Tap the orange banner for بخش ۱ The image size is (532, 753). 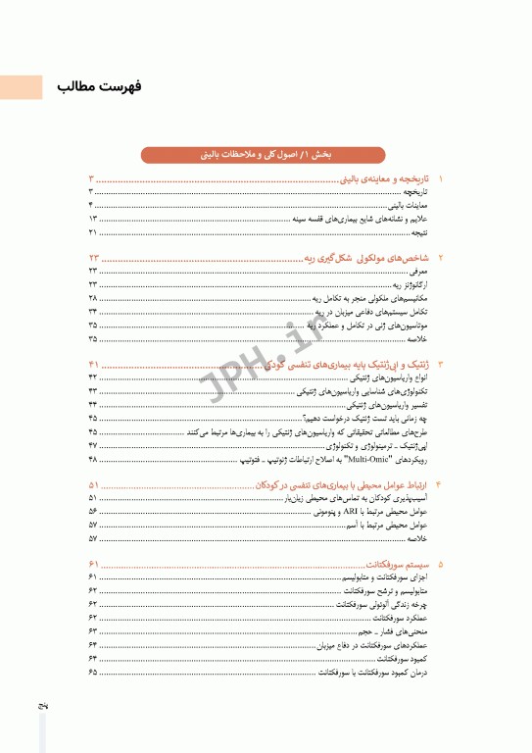click(266, 154)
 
